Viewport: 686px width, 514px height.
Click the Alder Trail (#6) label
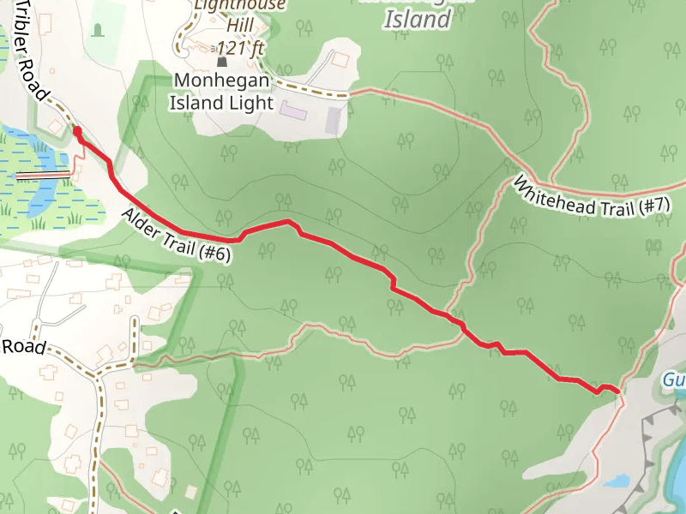[x=177, y=236]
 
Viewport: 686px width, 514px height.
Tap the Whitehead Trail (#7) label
[x=592, y=194]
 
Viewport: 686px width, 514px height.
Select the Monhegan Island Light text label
[x=223, y=92]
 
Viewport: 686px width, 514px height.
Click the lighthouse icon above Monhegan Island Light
[x=223, y=62]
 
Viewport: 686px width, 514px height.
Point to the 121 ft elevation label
[x=240, y=48]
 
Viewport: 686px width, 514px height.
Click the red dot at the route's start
[x=77, y=131]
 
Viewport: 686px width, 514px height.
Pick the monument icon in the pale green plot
[x=98, y=30]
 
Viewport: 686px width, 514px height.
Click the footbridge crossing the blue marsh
[x=43, y=175]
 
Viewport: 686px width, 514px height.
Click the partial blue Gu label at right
[x=674, y=379]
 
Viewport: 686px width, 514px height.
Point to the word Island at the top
[x=417, y=20]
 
